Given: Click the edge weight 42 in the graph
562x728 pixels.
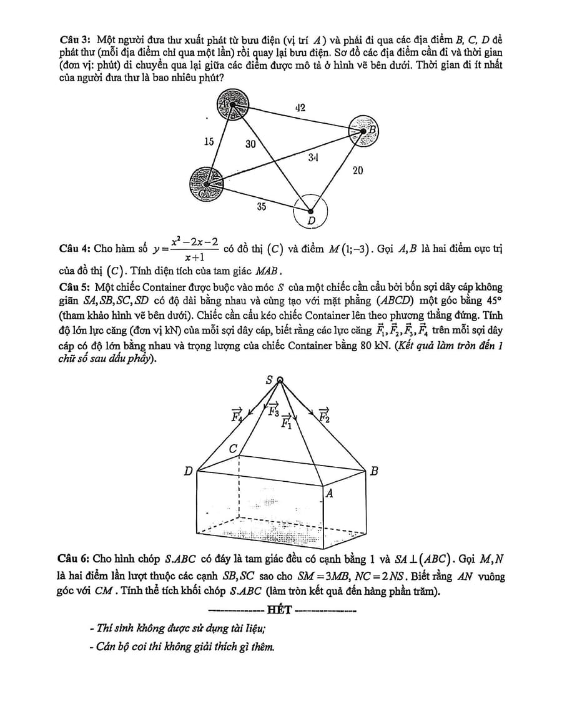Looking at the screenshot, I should (x=300, y=108).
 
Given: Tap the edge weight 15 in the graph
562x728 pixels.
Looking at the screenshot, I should (x=209, y=142).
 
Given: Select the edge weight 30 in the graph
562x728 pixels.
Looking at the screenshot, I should (x=250, y=144).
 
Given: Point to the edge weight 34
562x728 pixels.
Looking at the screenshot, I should (x=314, y=157).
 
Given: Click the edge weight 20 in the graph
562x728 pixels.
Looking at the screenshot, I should (x=358, y=170).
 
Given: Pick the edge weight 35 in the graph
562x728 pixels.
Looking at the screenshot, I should (x=262, y=206).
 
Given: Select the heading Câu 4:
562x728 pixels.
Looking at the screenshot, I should (x=75, y=249).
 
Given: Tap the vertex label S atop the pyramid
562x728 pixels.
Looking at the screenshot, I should (x=270, y=379).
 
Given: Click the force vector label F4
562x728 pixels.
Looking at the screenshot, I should (x=237, y=415).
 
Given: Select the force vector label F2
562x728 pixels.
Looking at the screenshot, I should (x=324, y=415).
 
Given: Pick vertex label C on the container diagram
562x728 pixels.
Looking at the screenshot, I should (x=234, y=449).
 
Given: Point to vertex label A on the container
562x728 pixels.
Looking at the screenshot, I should (x=330, y=494).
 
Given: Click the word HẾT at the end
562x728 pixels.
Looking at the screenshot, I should (x=279, y=610).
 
